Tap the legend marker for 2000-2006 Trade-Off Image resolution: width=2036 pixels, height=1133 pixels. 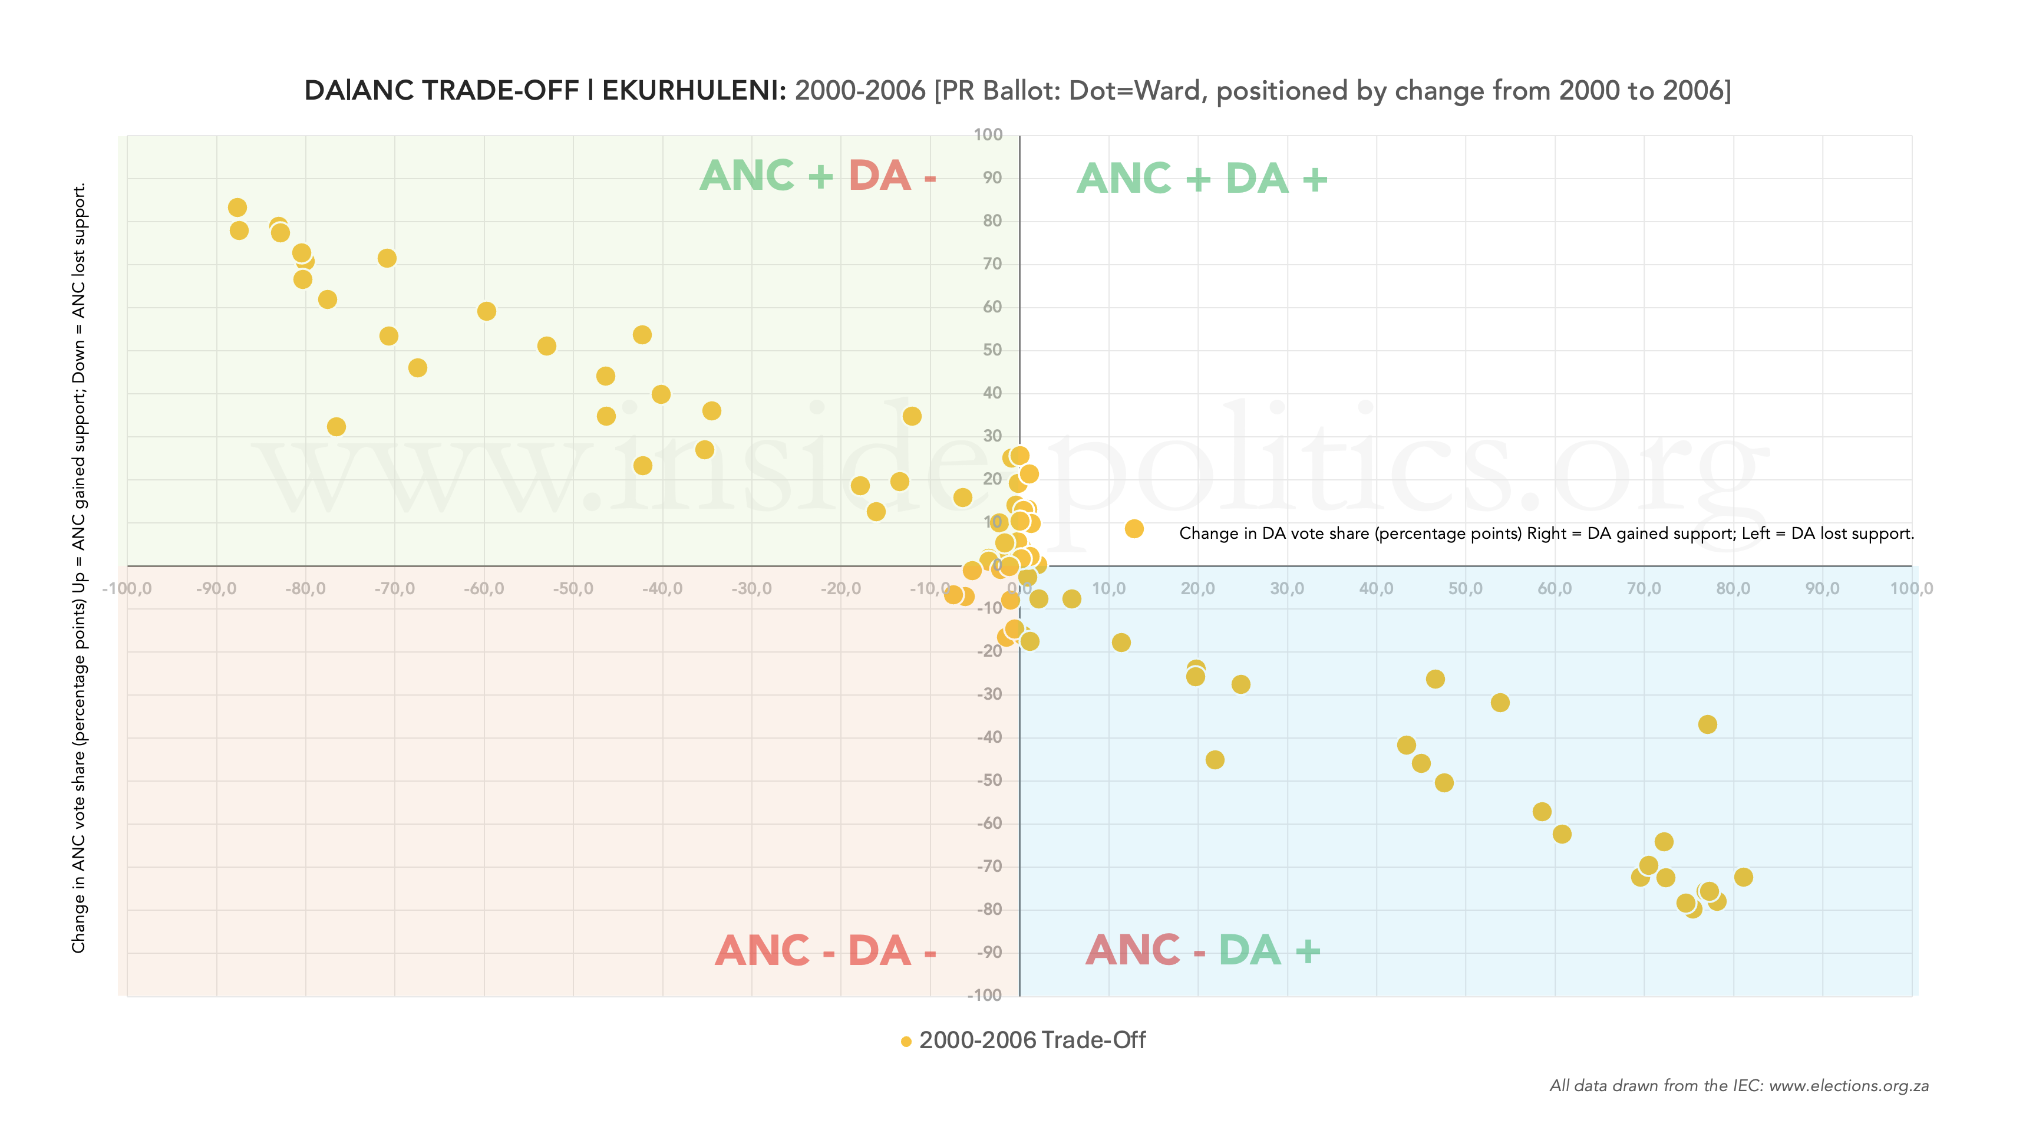[906, 1041]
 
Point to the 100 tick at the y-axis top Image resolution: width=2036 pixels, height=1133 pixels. [988, 135]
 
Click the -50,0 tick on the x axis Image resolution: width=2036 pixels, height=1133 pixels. [573, 589]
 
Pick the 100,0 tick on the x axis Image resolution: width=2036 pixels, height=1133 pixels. [1911, 589]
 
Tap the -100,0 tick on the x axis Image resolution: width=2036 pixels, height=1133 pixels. [127, 589]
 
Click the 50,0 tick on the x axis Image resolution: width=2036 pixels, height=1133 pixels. [1466, 589]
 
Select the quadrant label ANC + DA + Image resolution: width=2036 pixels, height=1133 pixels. [1202, 179]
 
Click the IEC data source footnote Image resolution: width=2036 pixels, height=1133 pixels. [1739, 1086]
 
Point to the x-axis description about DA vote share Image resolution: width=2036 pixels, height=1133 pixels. [1546, 533]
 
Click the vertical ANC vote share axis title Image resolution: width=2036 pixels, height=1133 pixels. [79, 568]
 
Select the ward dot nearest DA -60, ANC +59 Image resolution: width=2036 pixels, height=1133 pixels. [487, 311]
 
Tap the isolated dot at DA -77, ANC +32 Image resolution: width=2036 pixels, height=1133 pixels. [336, 427]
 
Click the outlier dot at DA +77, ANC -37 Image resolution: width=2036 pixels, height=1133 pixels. [1707, 724]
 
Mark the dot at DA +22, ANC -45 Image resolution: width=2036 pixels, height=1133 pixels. [1215, 760]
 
